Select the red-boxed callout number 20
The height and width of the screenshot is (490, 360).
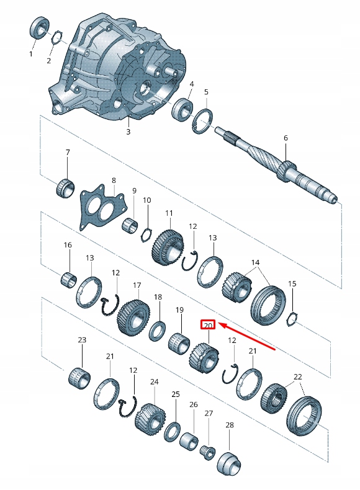tap(208, 324)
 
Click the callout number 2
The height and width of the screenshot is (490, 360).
tap(48, 61)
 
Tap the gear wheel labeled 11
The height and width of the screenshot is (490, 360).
tap(168, 246)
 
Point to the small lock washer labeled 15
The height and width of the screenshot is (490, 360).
tap(292, 319)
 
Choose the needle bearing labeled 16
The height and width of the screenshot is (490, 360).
tap(68, 278)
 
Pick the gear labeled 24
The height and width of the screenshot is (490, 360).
tap(151, 419)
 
